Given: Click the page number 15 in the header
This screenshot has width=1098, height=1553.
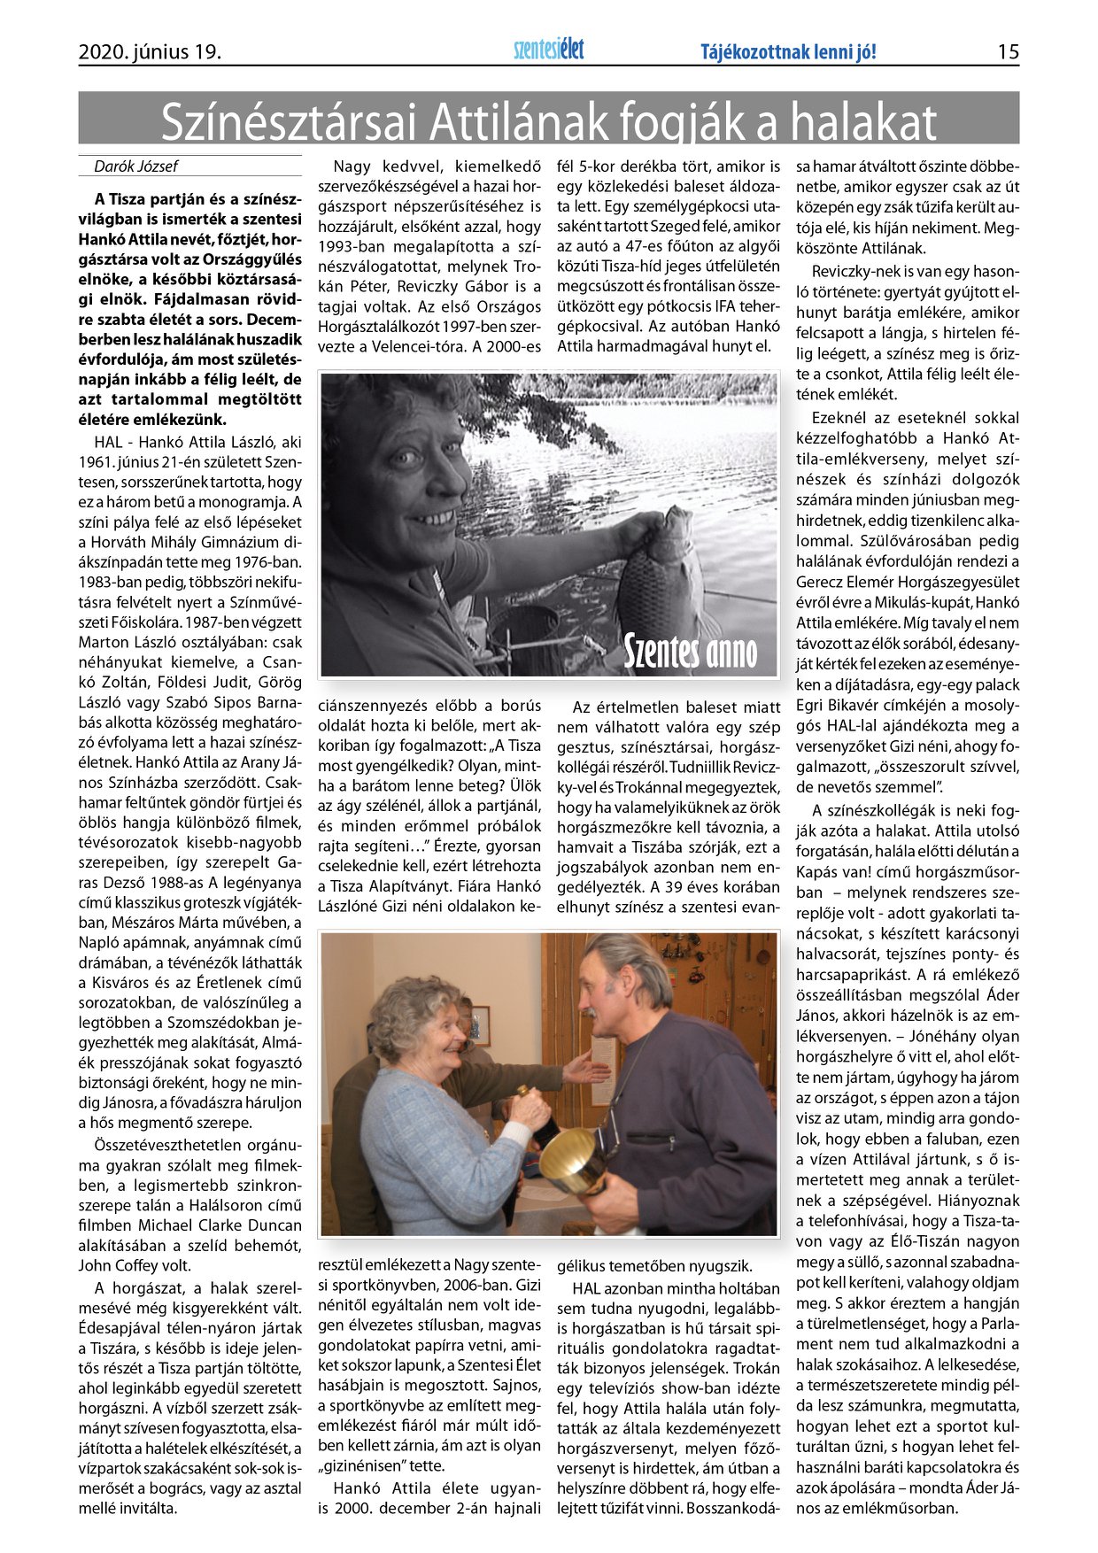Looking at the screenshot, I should [x=1008, y=52].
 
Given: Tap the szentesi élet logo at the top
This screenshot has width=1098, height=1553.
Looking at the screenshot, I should [x=549, y=50].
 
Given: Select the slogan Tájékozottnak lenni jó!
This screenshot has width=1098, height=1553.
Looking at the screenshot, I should [x=788, y=52].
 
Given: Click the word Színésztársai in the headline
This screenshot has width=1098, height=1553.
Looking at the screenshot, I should [x=289, y=122].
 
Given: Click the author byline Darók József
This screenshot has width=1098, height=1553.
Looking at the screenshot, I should [x=135, y=166].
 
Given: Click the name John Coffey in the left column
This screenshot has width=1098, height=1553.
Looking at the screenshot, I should [x=113, y=1266].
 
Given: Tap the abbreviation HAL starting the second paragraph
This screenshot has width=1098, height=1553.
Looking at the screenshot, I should [x=108, y=442].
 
